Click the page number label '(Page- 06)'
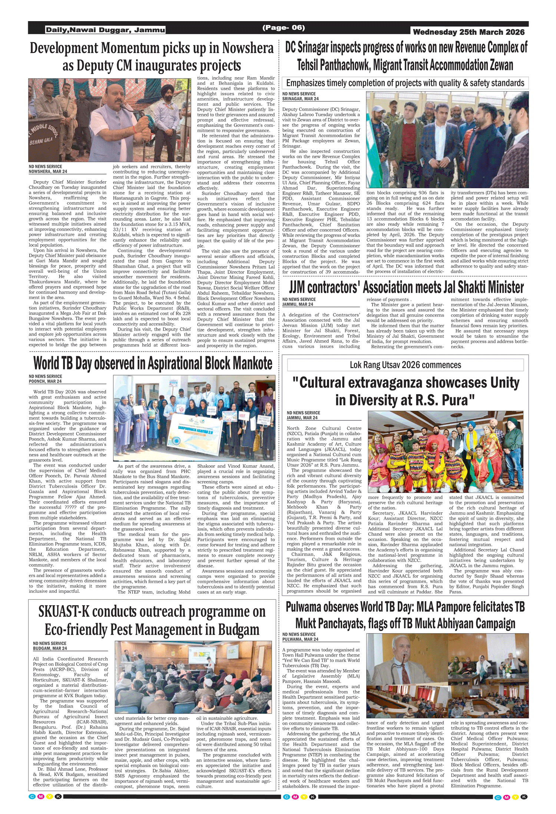click(x=284, y=27)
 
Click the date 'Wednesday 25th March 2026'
click(x=469, y=32)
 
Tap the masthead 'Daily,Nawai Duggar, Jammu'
click(x=105, y=30)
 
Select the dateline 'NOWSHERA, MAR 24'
click(x=48, y=172)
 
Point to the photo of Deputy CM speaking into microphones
click(x=110, y=120)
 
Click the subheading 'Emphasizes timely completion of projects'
click(x=405, y=83)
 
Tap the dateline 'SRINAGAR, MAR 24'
click(x=300, y=99)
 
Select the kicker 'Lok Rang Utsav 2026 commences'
click(x=405, y=365)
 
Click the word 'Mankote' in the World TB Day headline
click(x=252, y=364)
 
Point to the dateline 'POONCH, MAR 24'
click(x=45, y=381)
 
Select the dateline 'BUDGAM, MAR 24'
click(x=50, y=648)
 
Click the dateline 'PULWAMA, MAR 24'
click(x=300, y=639)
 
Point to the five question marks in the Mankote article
click(x=70, y=507)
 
